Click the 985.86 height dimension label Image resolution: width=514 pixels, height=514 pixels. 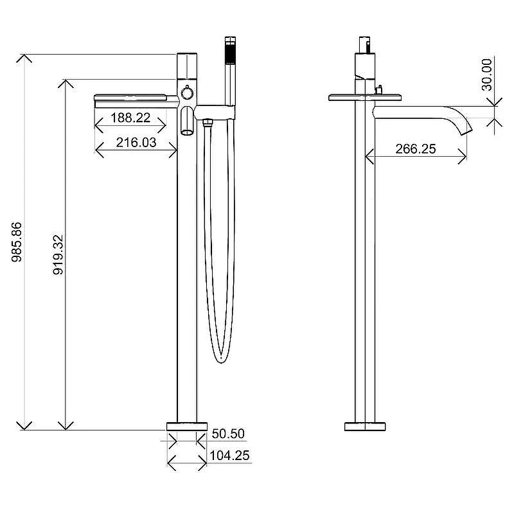pyautogui.click(x=17, y=242)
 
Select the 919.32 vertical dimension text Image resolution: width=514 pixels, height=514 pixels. pyautogui.click(x=58, y=254)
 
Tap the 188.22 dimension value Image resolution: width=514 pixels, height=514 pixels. pyautogui.click(x=130, y=118)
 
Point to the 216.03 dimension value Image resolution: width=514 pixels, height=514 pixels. pyautogui.click(x=136, y=143)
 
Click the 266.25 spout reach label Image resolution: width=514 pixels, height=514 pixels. pyautogui.click(x=416, y=149)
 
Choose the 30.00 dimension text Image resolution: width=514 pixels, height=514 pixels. pyautogui.click(x=487, y=75)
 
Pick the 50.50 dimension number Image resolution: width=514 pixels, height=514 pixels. pyautogui.click(x=228, y=433)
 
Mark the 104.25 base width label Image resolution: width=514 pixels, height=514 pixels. pyautogui.click(x=229, y=456)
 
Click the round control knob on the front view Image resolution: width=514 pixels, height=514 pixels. pyautogui.click(x=187, y=93)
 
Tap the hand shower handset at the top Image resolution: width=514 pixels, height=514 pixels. pyautogui.click(x=231, y=71)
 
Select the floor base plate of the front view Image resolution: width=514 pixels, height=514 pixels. pyautogui.click(x=187, y=427)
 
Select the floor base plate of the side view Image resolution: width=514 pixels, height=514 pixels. pyautogui.click(x=365, y=427)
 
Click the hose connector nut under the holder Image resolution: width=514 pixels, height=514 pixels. pyautogui.click(x=207, y=123)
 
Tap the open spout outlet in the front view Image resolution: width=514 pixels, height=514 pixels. pyautogui.click(x=187, y=132)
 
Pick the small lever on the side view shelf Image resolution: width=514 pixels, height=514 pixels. pyautogui.click(x=379, y=90)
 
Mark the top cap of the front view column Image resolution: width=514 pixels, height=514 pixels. pyautogui.click(x=187, y=66)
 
